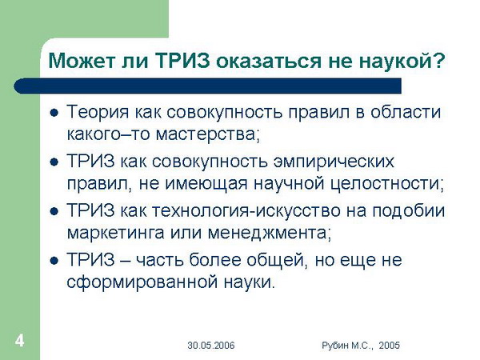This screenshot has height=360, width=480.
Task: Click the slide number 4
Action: [x=19, y=341]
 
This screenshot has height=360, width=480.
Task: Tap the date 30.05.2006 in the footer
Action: [x=211, y=346]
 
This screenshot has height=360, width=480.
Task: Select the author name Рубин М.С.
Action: [x=347, y=346]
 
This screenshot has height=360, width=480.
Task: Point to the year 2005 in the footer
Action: [x=389, y=346]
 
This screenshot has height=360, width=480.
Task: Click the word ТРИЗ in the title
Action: [x=182, y=61]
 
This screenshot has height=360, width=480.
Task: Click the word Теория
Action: [x=98, y=112]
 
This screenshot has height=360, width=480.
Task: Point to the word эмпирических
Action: [x=334, y=162]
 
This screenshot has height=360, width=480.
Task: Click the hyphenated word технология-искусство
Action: [x=246, y=211]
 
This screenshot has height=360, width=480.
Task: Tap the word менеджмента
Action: [x=267, y=234]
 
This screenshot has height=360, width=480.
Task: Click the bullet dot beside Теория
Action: [x=54, y=114]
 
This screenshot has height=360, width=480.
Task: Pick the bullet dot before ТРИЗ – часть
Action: [x=54, y=261]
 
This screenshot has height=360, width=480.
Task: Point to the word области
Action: [x=406, y=112]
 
